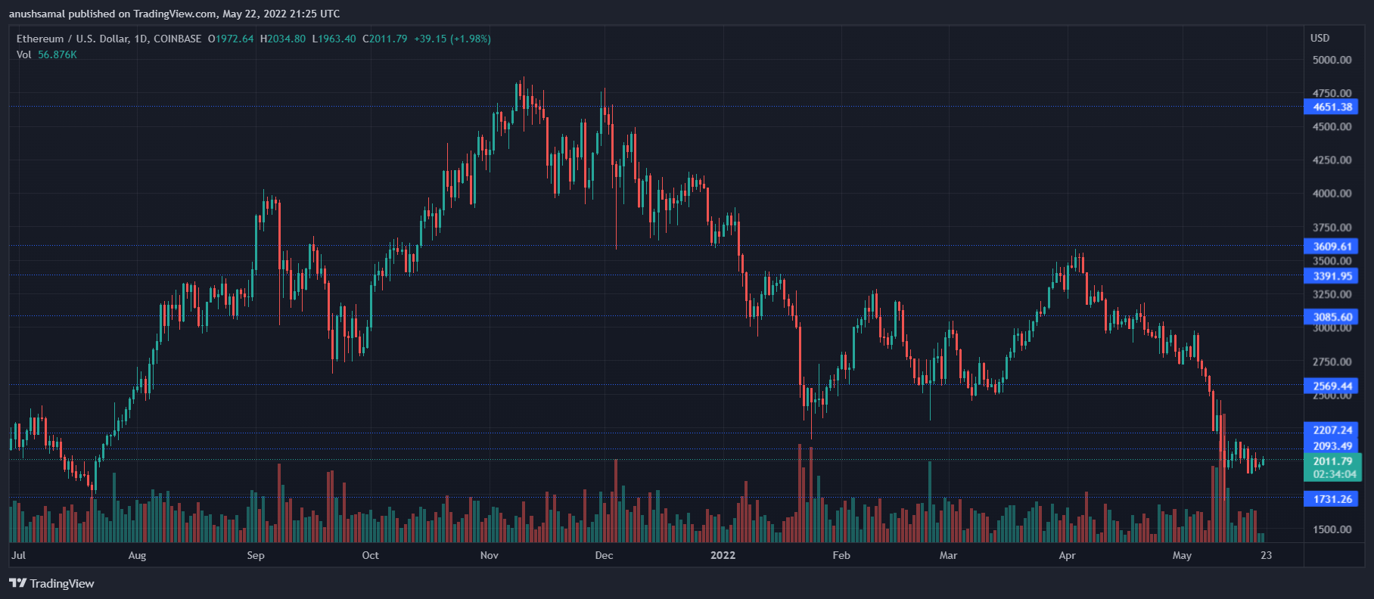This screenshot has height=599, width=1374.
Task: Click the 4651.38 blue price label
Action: pos(1331,107)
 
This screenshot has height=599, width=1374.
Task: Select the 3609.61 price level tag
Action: pos(1331,246)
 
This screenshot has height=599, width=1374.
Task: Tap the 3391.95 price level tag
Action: pos(1331,276)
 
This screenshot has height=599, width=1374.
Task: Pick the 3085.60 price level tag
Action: pos(1331,317)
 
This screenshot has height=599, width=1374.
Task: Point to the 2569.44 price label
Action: pos(1331,386)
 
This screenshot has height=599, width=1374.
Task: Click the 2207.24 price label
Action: pos(1331,430)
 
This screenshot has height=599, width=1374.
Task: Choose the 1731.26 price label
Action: pos(1331,499)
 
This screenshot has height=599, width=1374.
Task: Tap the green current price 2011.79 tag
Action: pos(1332,461)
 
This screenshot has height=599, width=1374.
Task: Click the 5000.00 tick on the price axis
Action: pos(1332,60)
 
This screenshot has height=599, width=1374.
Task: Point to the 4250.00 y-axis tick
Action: pos(1332,160)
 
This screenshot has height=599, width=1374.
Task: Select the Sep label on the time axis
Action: pos(256,555)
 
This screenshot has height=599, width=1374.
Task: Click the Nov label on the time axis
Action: pos(490,555)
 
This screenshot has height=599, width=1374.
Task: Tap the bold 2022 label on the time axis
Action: pos(723,555)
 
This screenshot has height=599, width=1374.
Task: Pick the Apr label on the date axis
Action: pos(1067,555)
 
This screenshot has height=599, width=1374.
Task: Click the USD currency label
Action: pos(1320,38)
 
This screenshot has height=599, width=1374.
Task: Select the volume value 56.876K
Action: pos(58,54)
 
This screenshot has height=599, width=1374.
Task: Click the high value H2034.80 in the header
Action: pos(283,39)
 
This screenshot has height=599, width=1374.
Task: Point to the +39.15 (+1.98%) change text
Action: pos(452,39)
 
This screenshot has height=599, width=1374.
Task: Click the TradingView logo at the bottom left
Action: pos(51,583)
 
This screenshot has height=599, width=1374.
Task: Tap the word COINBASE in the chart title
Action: pos(178,39)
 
